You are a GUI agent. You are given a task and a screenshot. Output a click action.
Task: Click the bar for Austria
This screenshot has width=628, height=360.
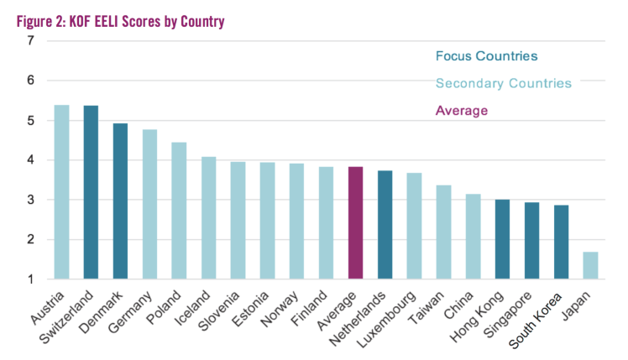(x=61, y=192)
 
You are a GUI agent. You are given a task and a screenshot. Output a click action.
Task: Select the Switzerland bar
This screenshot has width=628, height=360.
(x=91, y=192)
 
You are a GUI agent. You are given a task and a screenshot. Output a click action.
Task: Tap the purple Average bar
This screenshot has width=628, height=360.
(x=355, y=222)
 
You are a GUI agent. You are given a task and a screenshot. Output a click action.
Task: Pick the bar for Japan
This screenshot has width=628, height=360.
(x=590, y=265)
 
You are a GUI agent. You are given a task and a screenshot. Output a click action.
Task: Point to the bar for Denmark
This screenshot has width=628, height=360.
(x=120, y=201)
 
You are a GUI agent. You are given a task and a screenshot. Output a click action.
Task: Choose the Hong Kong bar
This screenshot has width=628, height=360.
(x=502, y=239)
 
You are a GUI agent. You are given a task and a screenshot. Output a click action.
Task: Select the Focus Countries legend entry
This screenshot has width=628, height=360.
(x=486, y=56)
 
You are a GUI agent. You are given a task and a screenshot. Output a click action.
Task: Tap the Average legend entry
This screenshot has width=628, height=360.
(x=461, y=110)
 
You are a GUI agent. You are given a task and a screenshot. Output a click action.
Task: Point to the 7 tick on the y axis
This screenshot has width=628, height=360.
(x=31, y=41)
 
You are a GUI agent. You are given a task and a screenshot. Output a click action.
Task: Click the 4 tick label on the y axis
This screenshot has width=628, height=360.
(x=31, y=160)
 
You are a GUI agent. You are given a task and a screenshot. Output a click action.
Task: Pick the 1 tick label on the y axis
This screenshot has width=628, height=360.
(x=31, y=279)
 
